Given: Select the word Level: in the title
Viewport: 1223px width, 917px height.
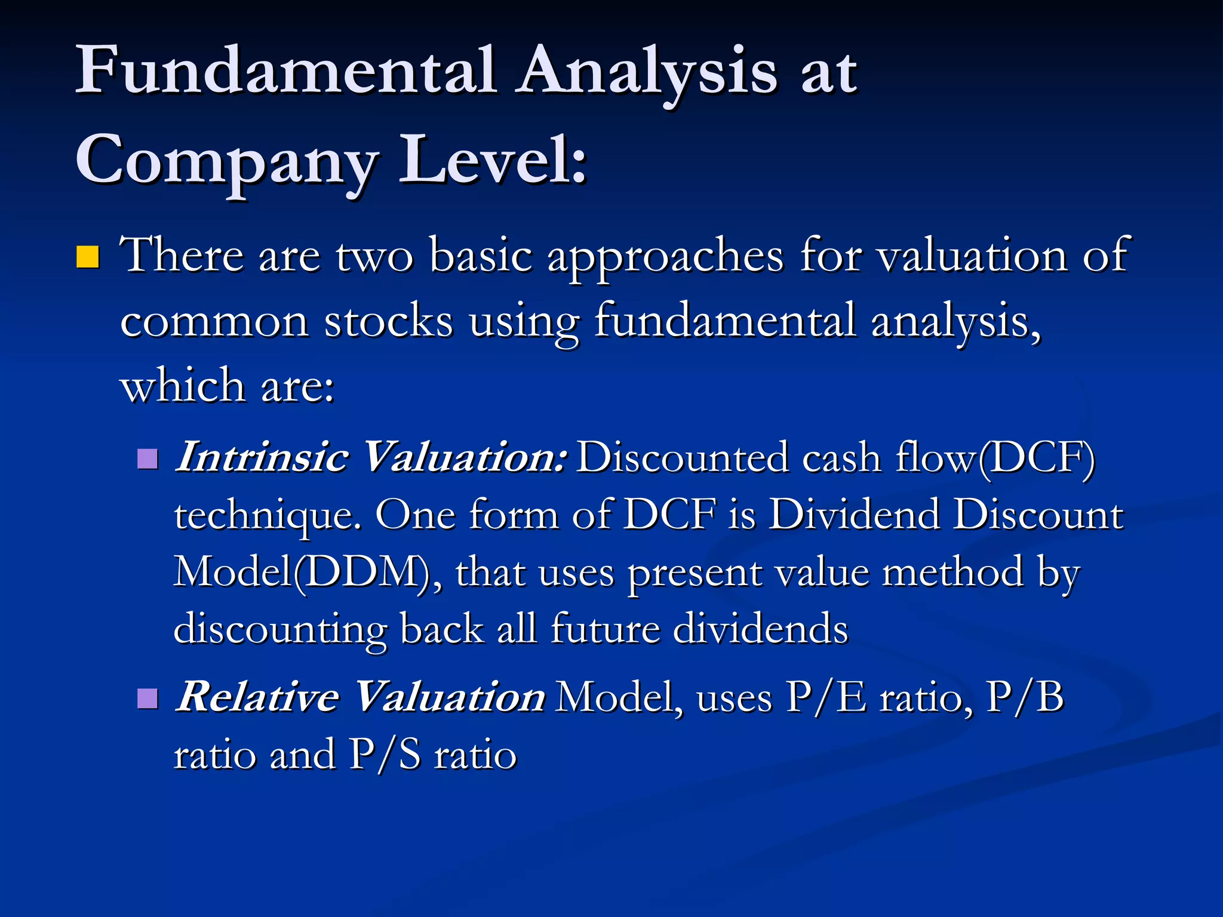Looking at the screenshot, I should [x=493, y=160].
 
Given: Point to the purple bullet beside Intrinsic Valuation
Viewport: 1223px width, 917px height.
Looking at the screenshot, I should [x=147, y=459].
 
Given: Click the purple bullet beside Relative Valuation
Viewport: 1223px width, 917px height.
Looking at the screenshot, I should [x=147, y=698].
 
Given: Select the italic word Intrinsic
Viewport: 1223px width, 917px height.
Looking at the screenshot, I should [x=262, y=457].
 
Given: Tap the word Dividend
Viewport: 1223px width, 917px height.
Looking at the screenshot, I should [x=853, y=515].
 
